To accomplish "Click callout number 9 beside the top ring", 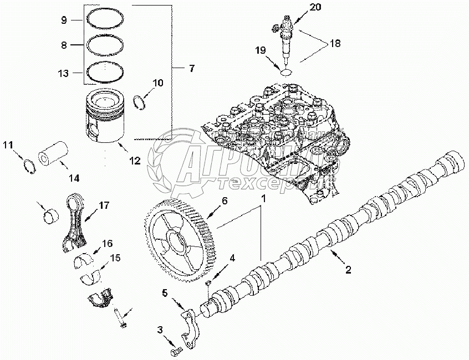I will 64,20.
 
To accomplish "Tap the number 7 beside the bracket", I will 191,69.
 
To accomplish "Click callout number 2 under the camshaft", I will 348,270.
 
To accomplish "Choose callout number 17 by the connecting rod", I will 104,205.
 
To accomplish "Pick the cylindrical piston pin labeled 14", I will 53,155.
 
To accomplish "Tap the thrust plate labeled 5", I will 190,331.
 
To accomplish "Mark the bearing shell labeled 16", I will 83,259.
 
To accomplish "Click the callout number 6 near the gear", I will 225,202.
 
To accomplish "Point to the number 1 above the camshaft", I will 264,198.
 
